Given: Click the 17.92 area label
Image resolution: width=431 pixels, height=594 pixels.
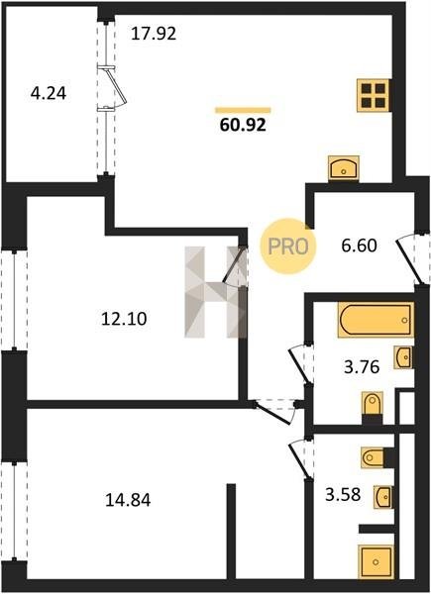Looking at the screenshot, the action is [x=154, y=34].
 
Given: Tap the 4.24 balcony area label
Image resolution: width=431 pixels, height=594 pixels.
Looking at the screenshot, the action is [x=49, y=93].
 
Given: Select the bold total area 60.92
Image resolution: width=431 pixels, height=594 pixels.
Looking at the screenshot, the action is [x=243, y=125].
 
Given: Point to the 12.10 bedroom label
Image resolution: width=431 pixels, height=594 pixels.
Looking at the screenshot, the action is [x=124, y=319].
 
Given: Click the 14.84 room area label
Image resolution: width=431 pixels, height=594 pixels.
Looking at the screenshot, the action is [x=128, y=500].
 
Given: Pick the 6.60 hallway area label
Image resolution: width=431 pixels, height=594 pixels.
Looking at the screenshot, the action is [x=359, y=246].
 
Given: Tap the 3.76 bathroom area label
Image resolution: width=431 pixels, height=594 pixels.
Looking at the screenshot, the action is [x=362, y=366].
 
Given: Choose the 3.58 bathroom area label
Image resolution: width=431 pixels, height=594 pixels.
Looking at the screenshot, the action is [x=343, y=494].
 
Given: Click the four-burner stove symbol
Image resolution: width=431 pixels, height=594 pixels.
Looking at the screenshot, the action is [x=374, y=95].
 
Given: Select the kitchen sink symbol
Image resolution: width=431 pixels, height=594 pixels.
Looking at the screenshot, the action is [x=344, y=168].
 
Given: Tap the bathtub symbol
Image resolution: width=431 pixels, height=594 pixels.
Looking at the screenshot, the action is [x=376, y=320].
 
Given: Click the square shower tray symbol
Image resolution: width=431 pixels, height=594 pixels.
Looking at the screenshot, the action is [x=377, y=561].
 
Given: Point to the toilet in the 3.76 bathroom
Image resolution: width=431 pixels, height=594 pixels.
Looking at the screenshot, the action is [x=373, y=404].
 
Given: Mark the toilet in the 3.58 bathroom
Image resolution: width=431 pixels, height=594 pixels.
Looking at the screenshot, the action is [x=373, y=457].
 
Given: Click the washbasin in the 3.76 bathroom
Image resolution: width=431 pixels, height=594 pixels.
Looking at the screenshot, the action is [x=403, y=356].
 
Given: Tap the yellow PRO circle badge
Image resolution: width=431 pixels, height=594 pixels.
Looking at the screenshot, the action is [x=287, y=247].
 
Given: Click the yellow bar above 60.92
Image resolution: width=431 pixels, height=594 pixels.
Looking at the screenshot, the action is [x=243, y=110].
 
